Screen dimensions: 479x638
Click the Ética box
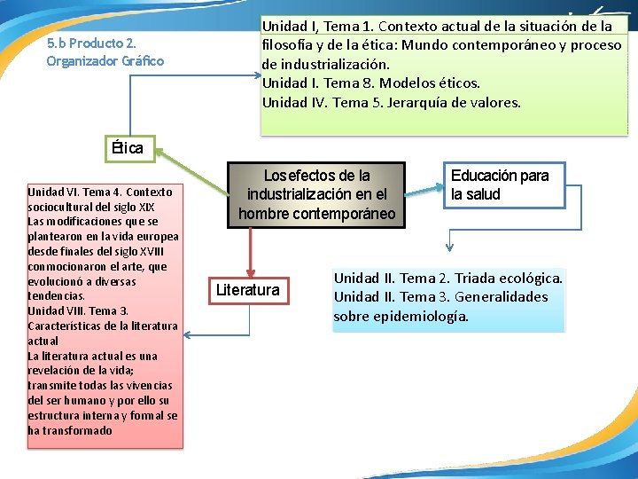[x=127, y=148]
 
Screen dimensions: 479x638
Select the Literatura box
[x=248, y=290]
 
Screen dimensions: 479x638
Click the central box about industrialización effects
[x=316, y=194]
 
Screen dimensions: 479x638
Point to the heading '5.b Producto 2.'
[x=90, y=43]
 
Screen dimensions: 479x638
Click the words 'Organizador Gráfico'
[x=105, y=61]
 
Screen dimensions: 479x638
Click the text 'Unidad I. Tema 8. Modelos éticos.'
[x=370, y=83]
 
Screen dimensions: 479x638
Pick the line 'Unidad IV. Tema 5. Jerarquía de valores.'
[x=392, y=102]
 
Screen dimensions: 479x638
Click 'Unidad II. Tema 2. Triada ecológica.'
[x=447, y=278]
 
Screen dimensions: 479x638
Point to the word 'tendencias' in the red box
[x=55, y=296]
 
